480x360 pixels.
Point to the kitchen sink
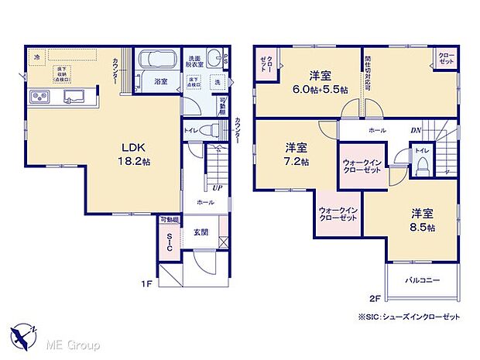75,96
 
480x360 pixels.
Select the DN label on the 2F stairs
415,131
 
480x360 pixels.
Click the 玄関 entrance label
201,231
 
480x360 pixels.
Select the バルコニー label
421,279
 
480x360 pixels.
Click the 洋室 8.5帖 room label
422,219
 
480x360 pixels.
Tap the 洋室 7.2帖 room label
296,153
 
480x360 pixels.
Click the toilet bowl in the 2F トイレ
422,165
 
